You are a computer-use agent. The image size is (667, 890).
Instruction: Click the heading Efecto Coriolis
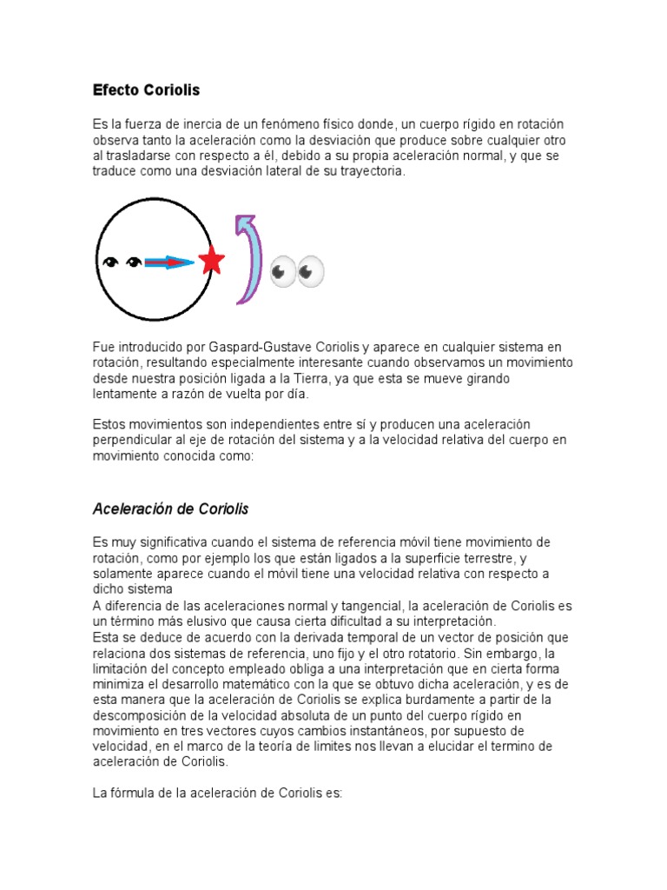click(146, 90)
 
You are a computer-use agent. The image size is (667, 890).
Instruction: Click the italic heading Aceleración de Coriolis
click(170, 508)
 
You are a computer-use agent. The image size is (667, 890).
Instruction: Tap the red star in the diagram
click(211, 260)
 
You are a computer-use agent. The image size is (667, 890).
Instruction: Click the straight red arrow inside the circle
click(169, 262)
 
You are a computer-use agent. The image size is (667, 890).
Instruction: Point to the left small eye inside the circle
click(110, 262)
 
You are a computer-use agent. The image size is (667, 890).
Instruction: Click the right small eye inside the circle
click(133, 262)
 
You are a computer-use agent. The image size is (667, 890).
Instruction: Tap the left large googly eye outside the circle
click(283, 272)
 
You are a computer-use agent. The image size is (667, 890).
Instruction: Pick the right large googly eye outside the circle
click(310, 272)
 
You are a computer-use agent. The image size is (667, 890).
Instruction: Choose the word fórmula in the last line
click(135, 793)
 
